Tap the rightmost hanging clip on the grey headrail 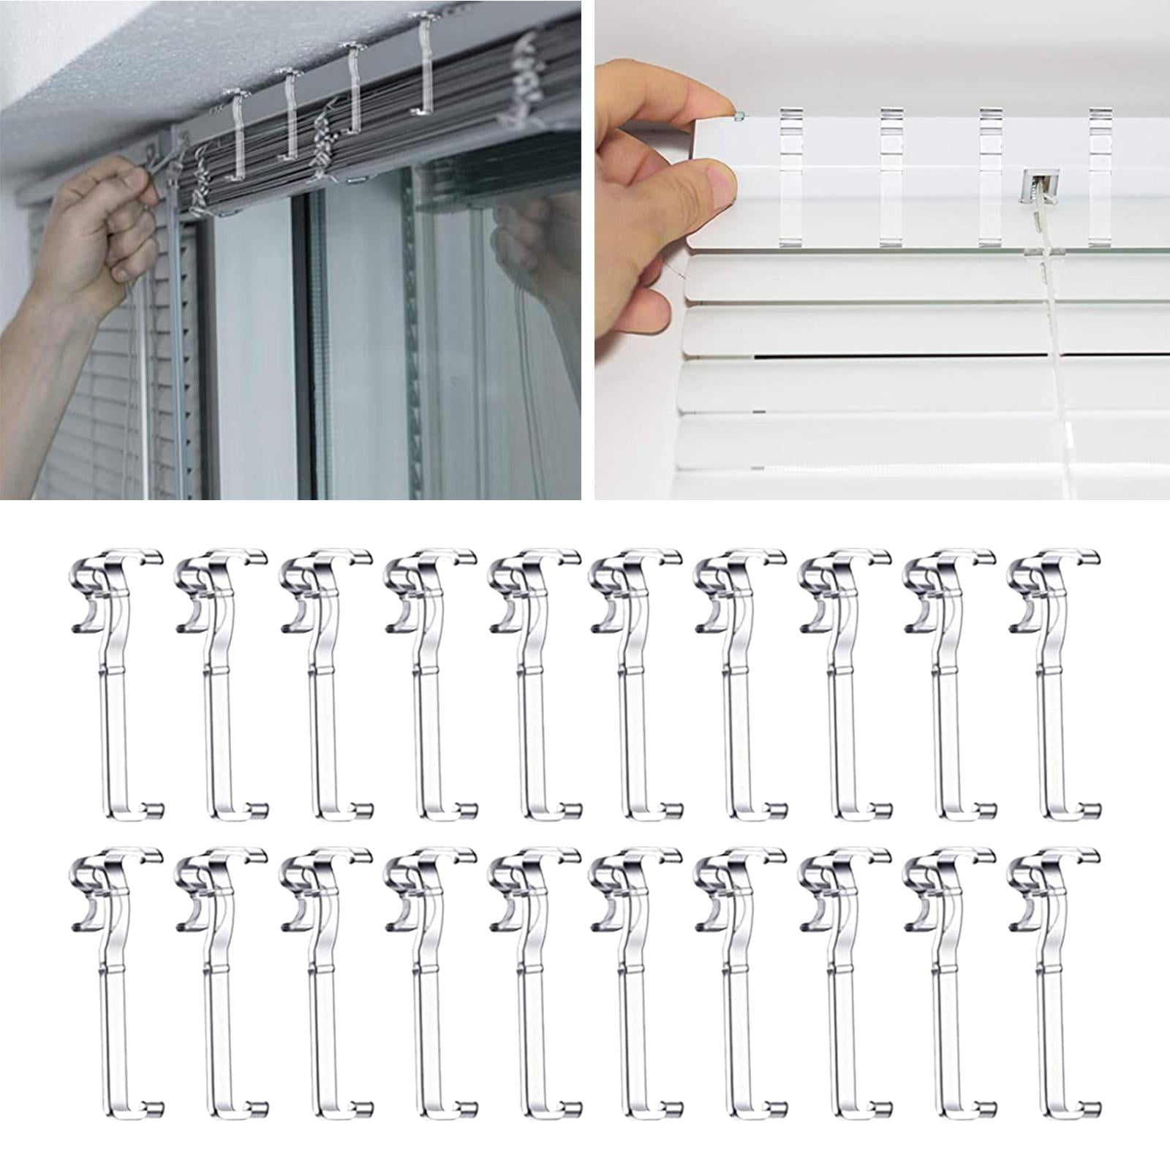coord(424,66)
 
